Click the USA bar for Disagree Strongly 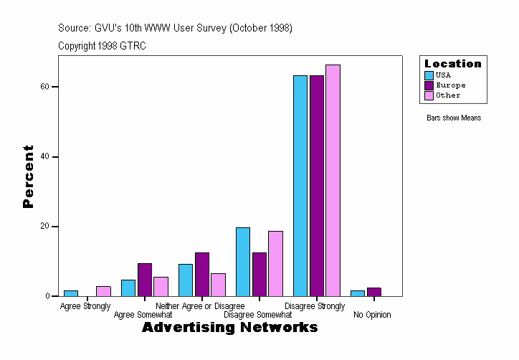[x=300, y=186]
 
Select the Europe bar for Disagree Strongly [x=316, y=186]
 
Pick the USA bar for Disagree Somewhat [x=243, y=262]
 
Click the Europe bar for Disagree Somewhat [x=259, y=275]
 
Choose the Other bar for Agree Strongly [x=103, y=291]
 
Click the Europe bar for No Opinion [x=373, y=292]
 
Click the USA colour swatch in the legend [x=429, y=75]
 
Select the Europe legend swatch [x=429, y=85]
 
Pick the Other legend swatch [x=429, y=95]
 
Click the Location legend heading [x=453, y=64]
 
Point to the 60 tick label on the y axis [x=44, y=87]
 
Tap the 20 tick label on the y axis [x=44, y=227]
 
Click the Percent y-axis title [x=28, y=176]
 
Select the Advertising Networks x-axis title [x=229, y=328]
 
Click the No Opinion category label [x=372, y=315]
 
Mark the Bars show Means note [x=454, y=118]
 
